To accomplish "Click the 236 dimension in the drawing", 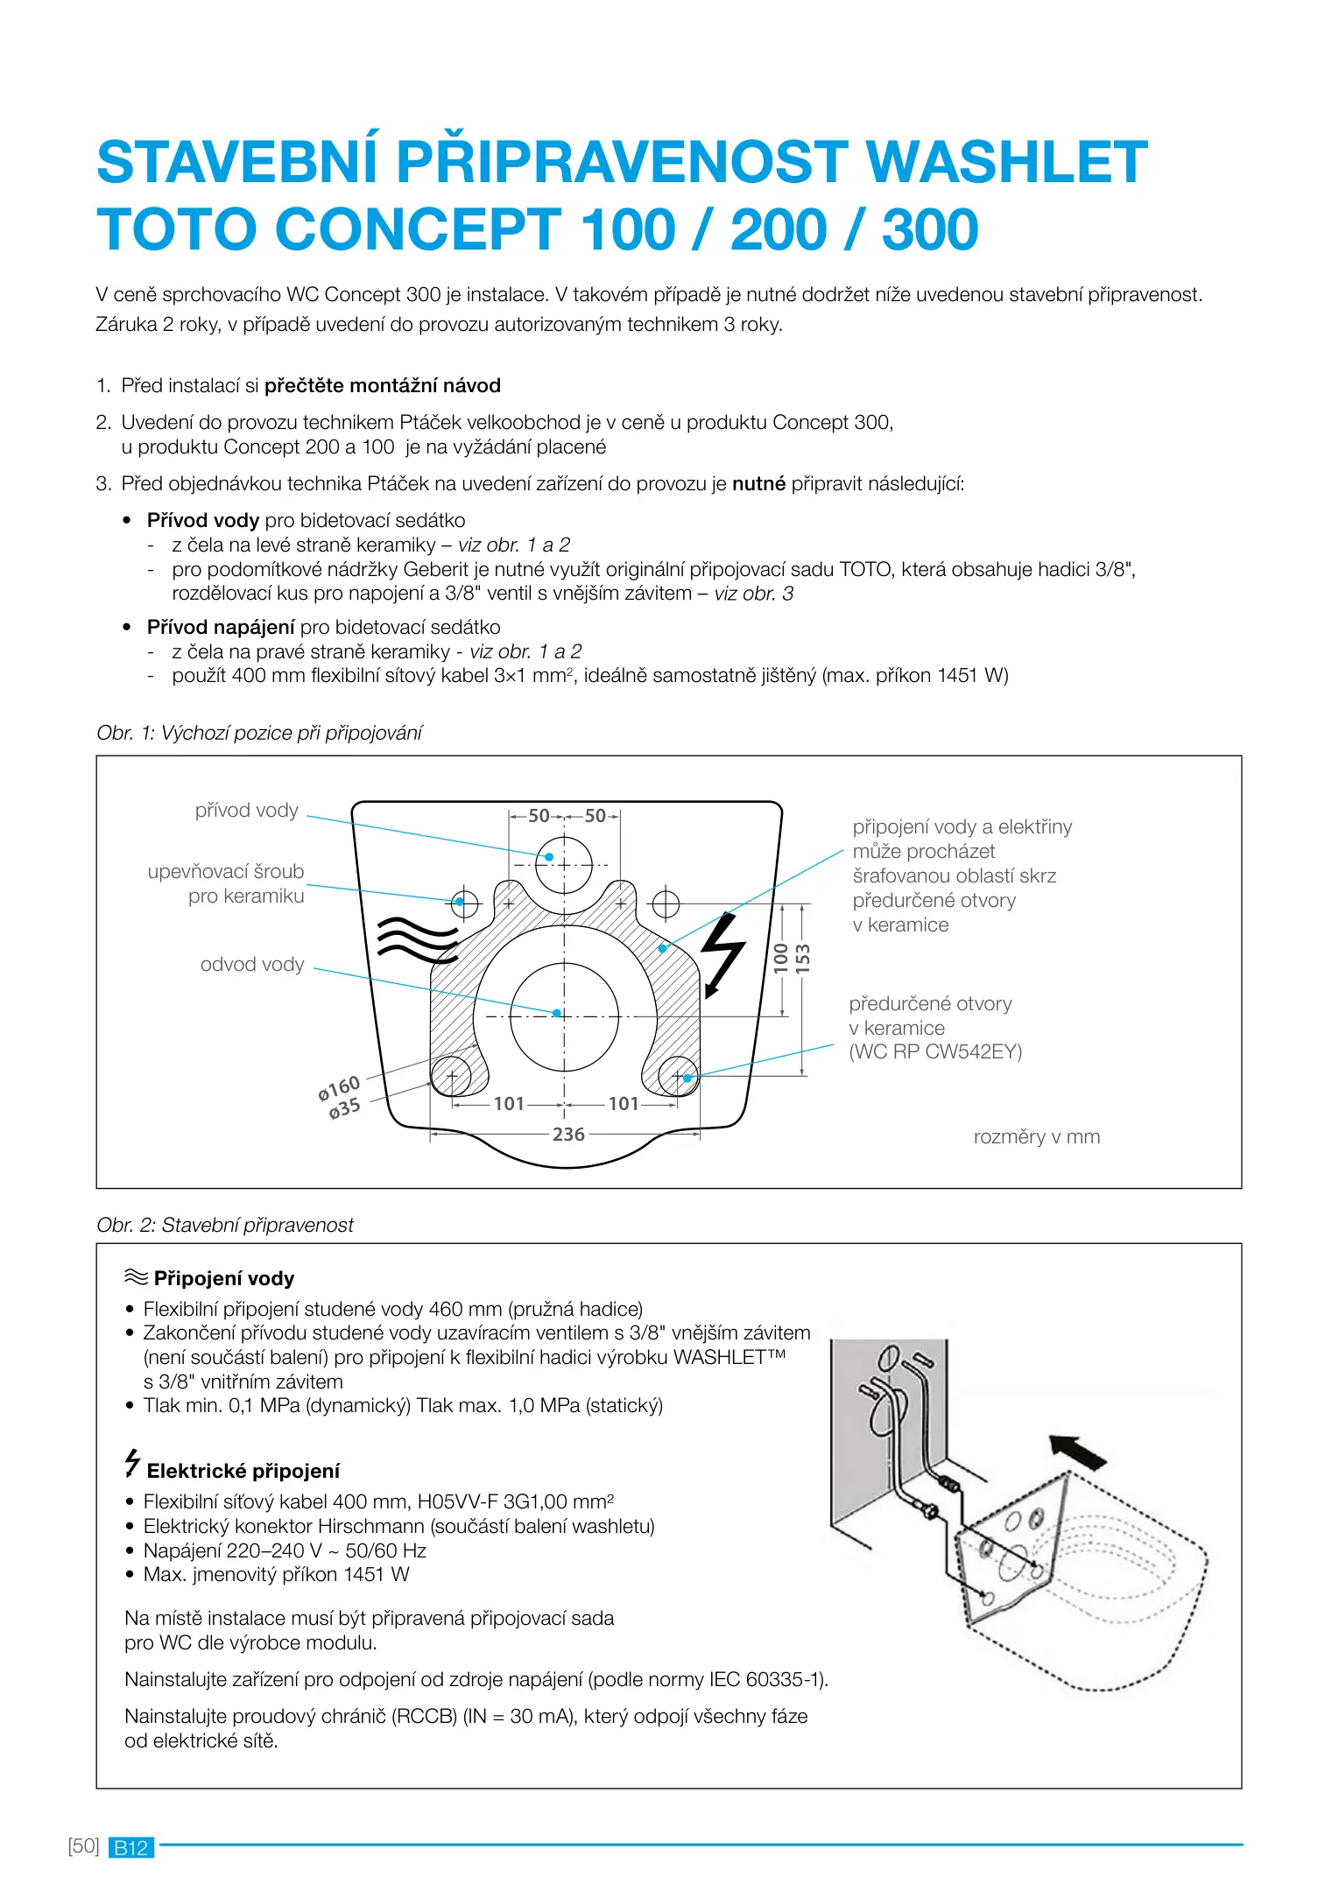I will [567, 1135].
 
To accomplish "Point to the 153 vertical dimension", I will [803, 959].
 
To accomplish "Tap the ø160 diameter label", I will [339, 1088].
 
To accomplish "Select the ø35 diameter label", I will [345, 1109].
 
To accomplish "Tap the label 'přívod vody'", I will [246, 811].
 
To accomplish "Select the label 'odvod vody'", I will [252, 965].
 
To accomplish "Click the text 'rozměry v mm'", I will [1036, 1137].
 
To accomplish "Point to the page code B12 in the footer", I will [130, 1848].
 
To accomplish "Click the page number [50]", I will [83, 1846].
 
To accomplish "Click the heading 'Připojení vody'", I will [223, 1279].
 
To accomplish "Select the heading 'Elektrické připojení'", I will [243, 1472].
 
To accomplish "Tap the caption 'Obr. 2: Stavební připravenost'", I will [225, 1226].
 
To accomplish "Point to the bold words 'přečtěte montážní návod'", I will [382, 386].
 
